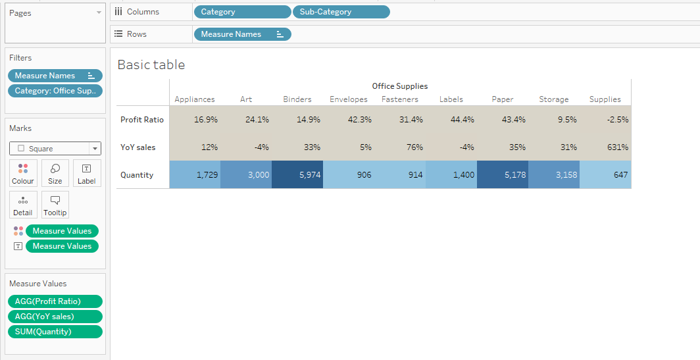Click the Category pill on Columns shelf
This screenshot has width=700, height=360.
click(242, 12)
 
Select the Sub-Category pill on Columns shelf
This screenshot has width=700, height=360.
click(341, 12)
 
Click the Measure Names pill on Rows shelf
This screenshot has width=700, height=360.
click(242, 34)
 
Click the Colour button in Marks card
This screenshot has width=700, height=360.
click(23, 174)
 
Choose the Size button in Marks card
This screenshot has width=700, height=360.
click(55, 174)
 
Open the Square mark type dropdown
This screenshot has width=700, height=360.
click(55, 149)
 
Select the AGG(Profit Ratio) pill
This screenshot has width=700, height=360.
click(55, 301)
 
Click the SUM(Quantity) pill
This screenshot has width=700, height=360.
click(55, 332)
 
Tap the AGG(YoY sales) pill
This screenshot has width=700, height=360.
click(55, 317)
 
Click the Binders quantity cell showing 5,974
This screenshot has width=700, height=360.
click(297, 175)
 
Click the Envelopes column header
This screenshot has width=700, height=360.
click(349, 99)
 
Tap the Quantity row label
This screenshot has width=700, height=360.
click(137, 175)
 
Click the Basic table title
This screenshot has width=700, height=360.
click(151, 64)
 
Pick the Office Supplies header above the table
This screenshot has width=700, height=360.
click(399, 86)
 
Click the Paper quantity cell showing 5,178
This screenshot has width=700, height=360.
click(503, 175)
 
